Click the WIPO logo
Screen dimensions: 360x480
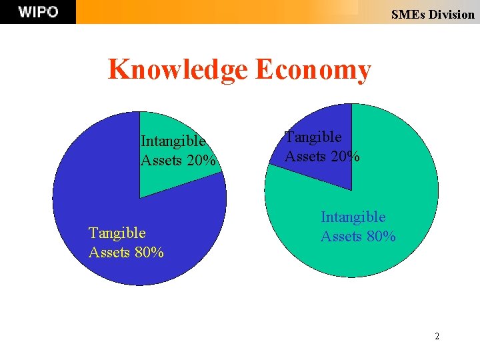click(x=38, y=12)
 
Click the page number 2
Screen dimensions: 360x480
click(x=437, y=336)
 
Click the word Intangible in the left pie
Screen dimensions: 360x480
click(x=173, y=141)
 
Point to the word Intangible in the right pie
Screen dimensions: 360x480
click(x=353, y=217)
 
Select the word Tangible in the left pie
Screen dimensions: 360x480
click(x=117, y=233)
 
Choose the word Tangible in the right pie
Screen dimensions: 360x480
click(x=313, y=137)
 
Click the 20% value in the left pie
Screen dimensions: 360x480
click(x=201, y=161)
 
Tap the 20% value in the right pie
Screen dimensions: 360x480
click(x=346, y=157)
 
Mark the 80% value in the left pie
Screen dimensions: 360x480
click(x=149, y=252)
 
